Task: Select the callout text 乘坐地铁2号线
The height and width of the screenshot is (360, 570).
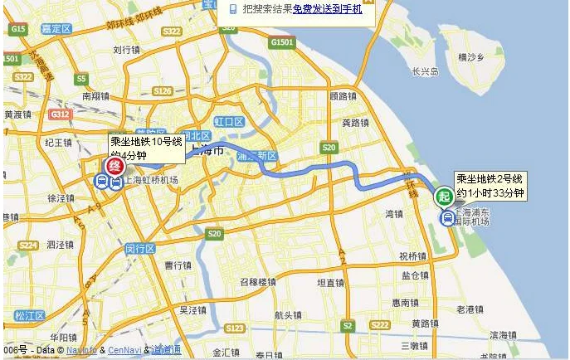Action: pos(490,179)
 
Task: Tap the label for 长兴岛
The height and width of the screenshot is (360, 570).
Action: pos(425,72)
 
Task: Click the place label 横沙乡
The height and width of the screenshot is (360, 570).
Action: pos(471,57)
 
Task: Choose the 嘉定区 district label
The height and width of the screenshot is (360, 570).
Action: pos(56,28)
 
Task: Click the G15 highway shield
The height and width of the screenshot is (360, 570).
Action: pos(17,28)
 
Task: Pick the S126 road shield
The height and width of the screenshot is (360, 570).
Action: pos(163,90)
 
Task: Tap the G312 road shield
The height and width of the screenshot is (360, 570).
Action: pos(60,114)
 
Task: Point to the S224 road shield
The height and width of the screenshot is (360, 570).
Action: pos(27,245)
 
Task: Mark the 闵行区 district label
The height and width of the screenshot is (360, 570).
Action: pos(140,248)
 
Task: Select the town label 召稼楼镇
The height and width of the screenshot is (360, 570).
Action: pos(258,281)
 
